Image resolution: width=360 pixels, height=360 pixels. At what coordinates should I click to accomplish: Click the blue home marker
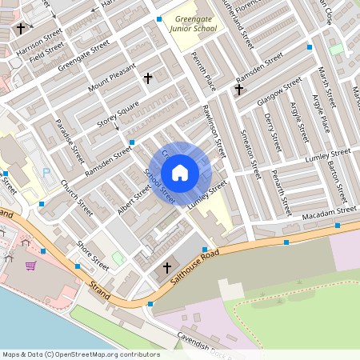[x=180, y=173]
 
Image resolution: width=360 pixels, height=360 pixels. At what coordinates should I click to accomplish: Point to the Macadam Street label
[x=329, y=212]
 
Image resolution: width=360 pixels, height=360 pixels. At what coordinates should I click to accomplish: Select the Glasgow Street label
[x=279, y=92]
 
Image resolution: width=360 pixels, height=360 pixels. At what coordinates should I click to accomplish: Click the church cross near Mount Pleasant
[x=147, y=78]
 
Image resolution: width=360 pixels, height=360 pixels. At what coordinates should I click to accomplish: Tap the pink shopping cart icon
[x=30, y=266]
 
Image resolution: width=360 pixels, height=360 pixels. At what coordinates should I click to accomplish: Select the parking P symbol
[x=46, y=171]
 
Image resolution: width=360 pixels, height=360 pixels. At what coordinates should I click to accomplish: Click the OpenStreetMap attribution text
[x=81, y=354]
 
